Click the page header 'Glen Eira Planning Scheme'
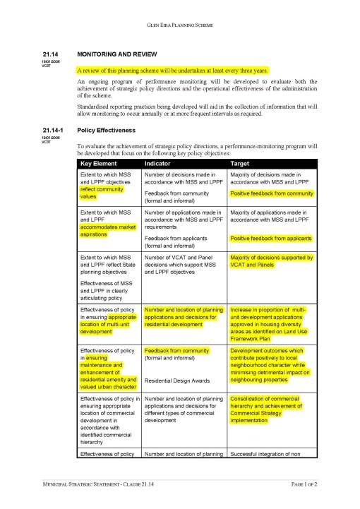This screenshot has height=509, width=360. (x=179, y=24)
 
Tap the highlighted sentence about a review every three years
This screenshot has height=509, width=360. (x=172, y=71)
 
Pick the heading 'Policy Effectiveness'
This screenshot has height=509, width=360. (x=106, y=130)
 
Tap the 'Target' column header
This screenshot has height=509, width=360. (x=241, y=164)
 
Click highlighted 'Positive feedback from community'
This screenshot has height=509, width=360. (x=271, y=193)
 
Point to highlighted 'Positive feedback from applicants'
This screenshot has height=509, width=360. (x=270, y=239)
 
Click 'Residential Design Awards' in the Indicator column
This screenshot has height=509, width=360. (x=177, y=381)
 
